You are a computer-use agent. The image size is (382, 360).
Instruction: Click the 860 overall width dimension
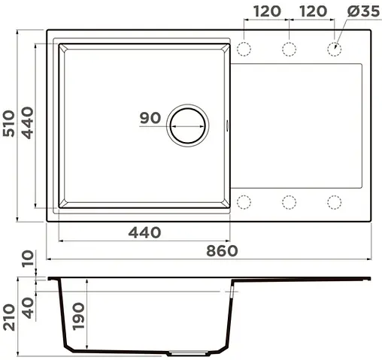pyautogui.click(x=223, y=250)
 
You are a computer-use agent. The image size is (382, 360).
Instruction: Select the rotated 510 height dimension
pyautogui.click(x=11, y=126)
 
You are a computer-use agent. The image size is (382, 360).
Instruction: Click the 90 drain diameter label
pyautogui.click(x=150, y=118)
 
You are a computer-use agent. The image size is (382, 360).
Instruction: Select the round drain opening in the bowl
pyautogui.click(x=186, y=125)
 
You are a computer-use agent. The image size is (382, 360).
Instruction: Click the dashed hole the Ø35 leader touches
pyautogui.click(x=334, y=50)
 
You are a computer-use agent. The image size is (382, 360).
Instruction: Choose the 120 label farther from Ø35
pyautogui.click(x=267, y=11)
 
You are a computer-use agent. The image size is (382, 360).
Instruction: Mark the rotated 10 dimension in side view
pyautogui.click(x=29, y=261)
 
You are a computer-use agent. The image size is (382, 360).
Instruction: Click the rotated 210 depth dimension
pyautogui.click(x=11, y=316)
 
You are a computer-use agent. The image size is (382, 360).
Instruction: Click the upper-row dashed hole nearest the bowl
pyautogui.click(x=244, y=50)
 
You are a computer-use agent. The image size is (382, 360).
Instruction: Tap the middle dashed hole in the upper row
pyautogui.click(x=290, y=50)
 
